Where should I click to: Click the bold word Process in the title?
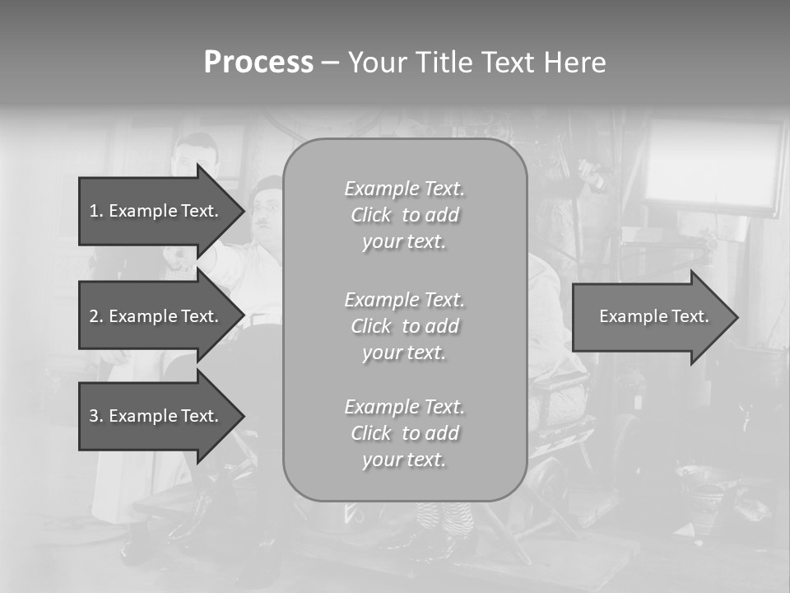point(258,63)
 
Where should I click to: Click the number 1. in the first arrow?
point(96,211)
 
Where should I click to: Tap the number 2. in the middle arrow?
point(96,316)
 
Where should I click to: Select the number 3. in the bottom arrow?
point(96,416)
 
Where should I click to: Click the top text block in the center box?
point(404,215)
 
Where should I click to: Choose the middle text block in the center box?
point(404,326)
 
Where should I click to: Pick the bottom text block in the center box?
point(404,433)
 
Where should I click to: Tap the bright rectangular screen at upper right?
point(712,165)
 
